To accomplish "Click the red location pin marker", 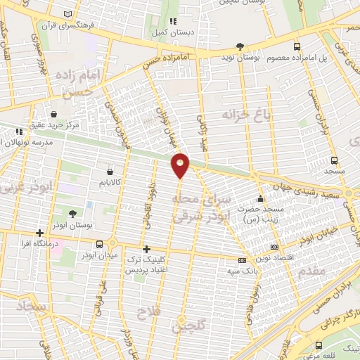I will (181, 165).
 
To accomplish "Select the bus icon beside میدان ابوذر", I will (99, 244).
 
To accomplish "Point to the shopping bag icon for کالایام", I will (110, 172).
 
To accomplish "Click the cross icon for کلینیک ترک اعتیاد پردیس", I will (146, 249).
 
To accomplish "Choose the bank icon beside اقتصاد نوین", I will (274, 247).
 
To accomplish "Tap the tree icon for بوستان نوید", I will (240, 45).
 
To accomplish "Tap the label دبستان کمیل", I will (172, 31).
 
